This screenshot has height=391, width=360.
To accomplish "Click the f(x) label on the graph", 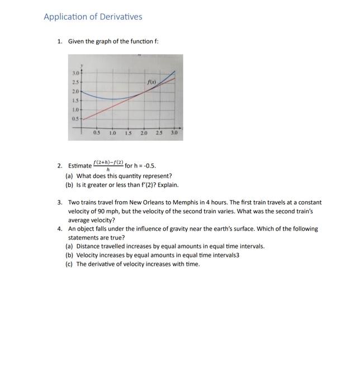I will point(151,82).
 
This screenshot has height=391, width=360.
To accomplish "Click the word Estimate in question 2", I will point(80,166).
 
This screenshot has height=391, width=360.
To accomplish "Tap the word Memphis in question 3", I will point(205,203).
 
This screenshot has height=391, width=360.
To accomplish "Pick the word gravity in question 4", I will point(182,228).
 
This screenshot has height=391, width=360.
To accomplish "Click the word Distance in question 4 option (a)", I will point(88,246).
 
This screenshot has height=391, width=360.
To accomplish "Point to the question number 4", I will point(60,228).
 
